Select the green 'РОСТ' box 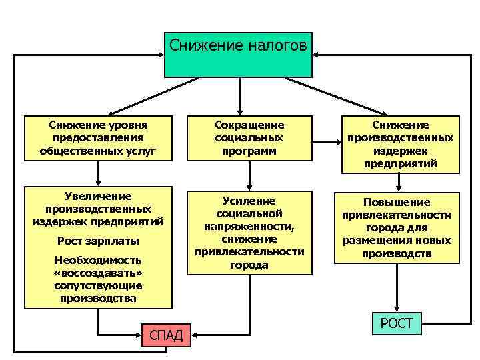click(397, 325)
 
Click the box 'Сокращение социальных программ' click(249, 138)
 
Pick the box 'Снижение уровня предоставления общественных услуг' click(99, 138)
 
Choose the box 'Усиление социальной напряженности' click(249, 233)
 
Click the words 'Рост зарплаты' click(98, 240)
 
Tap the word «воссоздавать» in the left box click(98, 273)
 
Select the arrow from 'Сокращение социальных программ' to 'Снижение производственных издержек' click(327, 141)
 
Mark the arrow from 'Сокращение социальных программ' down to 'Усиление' click(249, 175)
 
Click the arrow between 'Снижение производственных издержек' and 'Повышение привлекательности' click(399, 181)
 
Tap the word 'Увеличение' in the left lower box click(98, 196)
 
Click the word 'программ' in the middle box click(249, 151)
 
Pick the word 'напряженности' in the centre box click(249, 227)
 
